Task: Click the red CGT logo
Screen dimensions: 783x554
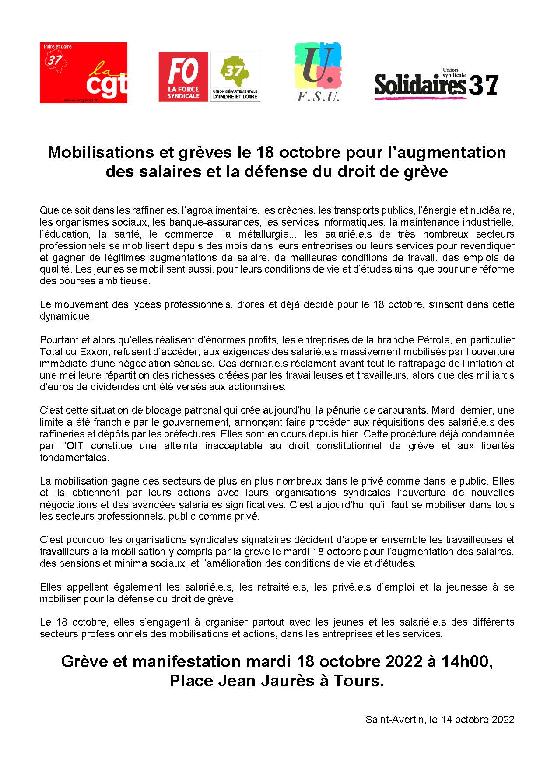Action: [83, 73]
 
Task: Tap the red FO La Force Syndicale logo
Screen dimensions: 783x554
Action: [184, 77]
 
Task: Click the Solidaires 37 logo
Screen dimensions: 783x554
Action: [436, 83]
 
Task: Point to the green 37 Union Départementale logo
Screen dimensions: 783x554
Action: [235, 77]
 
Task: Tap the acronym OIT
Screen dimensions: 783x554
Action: [71, 446]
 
